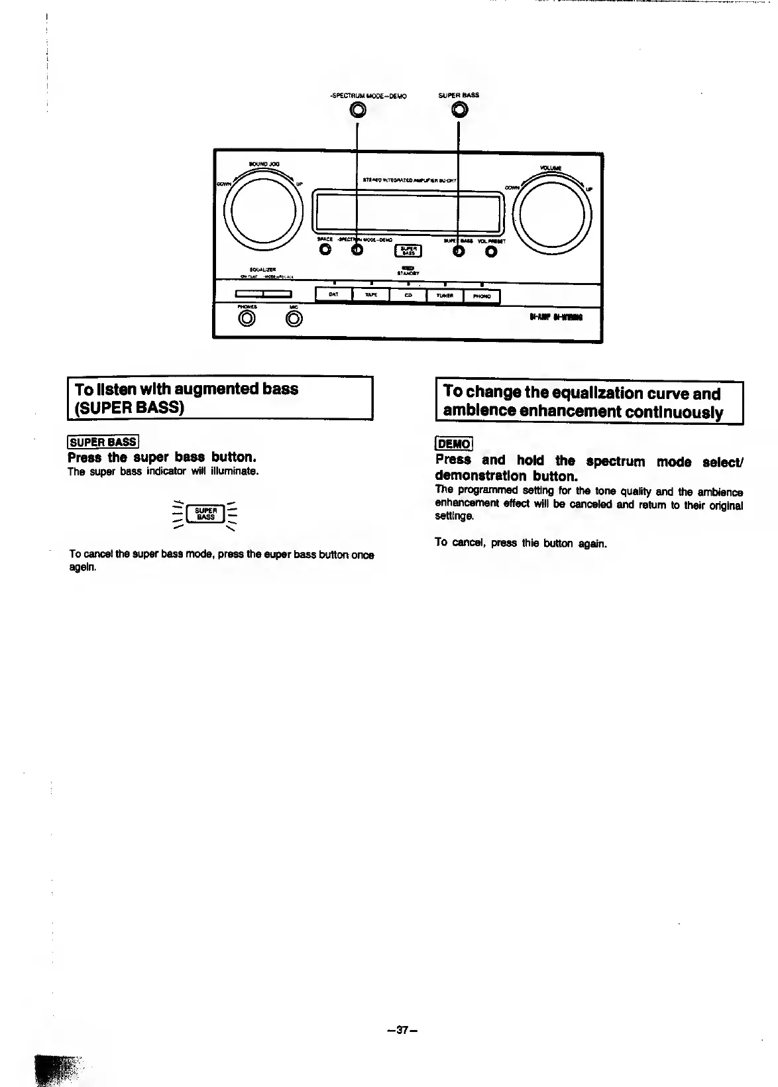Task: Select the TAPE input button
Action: pos(370,295)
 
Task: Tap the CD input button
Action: pos(408,296)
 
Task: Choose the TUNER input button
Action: pos(445,296)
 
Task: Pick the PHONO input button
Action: pos(482,296)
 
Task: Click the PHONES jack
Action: pos(247,319)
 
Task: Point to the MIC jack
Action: pos(294,319)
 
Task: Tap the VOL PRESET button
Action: pos(491,252)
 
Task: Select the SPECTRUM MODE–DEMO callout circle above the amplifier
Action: pos(358,110)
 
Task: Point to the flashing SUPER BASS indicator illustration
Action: pos(205,514)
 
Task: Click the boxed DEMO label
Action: pos(453,444)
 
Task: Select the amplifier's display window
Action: pos(408,211)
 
